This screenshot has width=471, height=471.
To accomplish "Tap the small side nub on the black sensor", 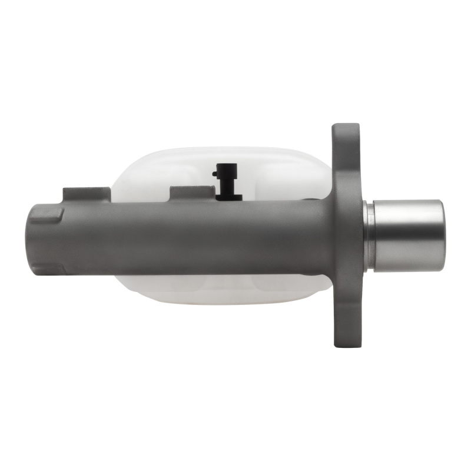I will click(215, 173).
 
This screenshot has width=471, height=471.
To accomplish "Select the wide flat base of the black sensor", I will click(228, 196).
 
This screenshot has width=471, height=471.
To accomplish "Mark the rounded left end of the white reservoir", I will click(121, 177).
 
